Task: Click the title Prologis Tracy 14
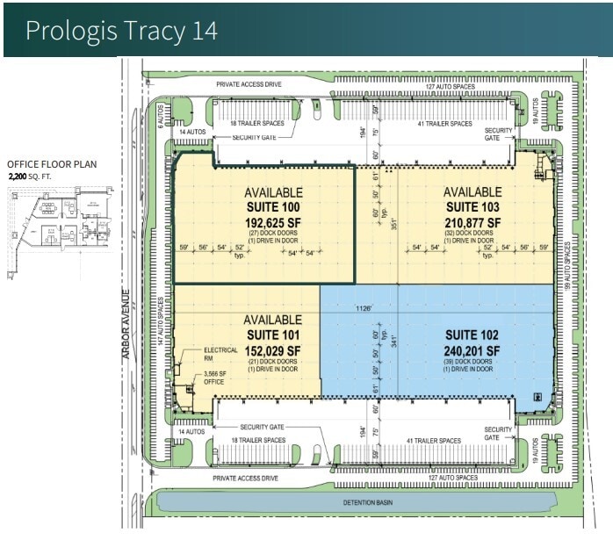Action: coord(121,30)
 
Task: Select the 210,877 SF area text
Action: coord(472,222)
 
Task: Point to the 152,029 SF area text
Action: coord(272,350)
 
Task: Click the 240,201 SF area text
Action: coord(472,350)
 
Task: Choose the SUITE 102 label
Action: coord(472,335)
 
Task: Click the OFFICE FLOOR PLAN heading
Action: coord(52,164)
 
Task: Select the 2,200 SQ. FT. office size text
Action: coord(38,176)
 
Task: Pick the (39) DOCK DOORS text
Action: coord(472,362)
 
